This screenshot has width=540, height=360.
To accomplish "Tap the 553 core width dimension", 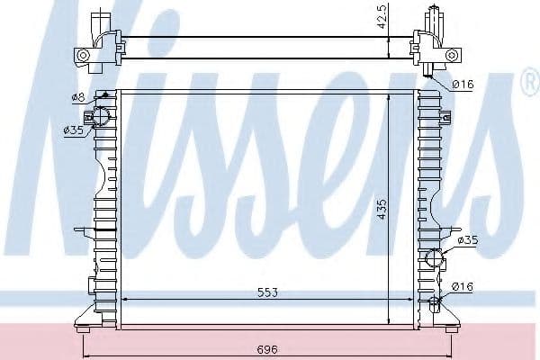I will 267,292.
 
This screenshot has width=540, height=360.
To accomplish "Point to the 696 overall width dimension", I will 267,348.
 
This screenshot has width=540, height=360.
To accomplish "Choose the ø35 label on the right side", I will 467,240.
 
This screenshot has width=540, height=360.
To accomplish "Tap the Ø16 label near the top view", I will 463,85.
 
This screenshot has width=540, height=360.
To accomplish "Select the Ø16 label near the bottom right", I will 463,287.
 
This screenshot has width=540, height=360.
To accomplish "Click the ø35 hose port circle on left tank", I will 101,116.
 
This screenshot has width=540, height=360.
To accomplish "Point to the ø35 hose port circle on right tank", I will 436,258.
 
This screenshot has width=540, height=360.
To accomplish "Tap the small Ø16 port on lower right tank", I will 436,301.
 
